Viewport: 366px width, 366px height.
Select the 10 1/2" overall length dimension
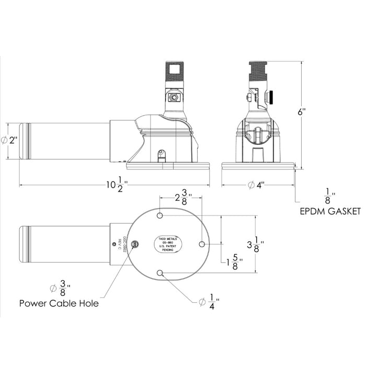tap(116, 186)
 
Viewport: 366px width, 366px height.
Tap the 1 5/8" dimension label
tap(232, 261)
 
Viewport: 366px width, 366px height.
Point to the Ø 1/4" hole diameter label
tap(209, 302)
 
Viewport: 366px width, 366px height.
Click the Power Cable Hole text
tap(59, 303)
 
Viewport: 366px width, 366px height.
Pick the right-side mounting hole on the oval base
tap(202, 244)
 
